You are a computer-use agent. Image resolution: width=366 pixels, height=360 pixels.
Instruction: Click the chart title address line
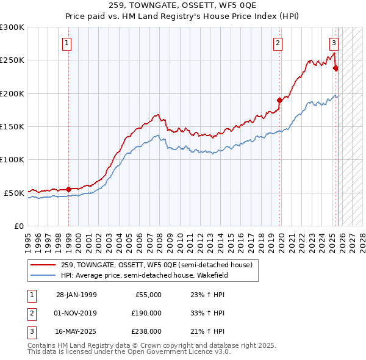coord(182,7)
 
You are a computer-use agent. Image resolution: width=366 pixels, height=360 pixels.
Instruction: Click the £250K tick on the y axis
coord(12,60)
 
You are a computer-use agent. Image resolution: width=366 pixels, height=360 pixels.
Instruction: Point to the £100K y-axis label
coord(12,159)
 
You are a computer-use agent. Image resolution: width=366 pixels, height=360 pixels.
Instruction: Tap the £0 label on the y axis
coord(19,226)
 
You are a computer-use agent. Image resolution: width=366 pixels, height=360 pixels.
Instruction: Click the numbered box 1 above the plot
coord(66,43)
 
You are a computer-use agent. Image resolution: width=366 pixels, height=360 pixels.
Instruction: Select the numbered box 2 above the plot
coord(278,43)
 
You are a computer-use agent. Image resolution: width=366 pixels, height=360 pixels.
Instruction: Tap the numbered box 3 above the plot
coord(334,43)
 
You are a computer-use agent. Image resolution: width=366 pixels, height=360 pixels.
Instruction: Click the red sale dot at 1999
coord(68,189)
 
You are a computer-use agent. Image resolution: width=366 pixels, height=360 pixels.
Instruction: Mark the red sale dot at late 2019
coord(279,100)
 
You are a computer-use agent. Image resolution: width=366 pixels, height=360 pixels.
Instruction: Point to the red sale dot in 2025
coord(335,68)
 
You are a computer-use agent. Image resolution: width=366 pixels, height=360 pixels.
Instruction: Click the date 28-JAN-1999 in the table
coord(76,295)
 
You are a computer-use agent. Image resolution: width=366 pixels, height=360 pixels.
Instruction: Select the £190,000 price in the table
coord(146,313)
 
